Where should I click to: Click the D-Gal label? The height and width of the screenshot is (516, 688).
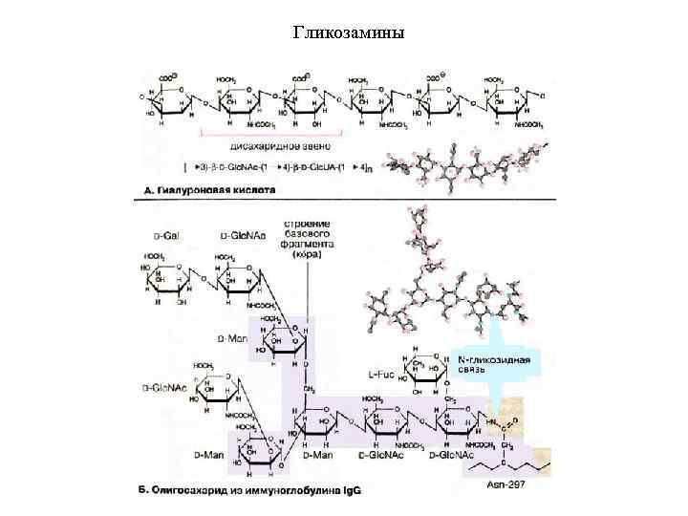pos(168,234)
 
